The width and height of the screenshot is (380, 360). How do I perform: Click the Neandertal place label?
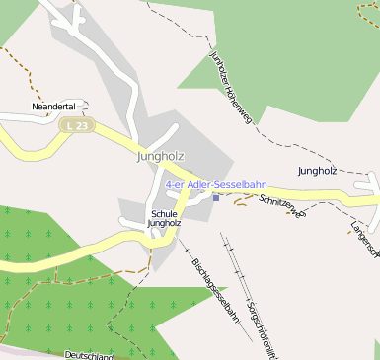pyautogui.click(x=53, y=107)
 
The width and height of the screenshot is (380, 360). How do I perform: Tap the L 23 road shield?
pyautogui.click(x=74, y=126)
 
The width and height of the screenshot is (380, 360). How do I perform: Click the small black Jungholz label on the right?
pyautogui.click(x=317, y=171)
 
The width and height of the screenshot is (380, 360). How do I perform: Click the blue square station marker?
pyautogui.click(x=216, y=197)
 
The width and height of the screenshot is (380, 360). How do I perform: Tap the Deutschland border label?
pyautogui.click(x=89, y=355)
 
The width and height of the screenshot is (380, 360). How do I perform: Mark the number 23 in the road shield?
pyautogui.click(x=79, y=126)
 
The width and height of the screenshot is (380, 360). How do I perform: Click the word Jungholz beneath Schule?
pyautogui.click(x=164, y=224)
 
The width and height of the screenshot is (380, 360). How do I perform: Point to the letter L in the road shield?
pyautogui.click(x=67, y=126)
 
